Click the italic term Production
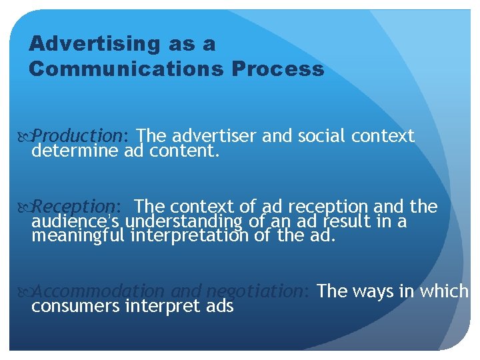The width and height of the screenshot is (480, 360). (77, 136)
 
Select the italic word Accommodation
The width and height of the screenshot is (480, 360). (99, 291)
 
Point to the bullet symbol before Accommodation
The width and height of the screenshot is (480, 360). (25, 292)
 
